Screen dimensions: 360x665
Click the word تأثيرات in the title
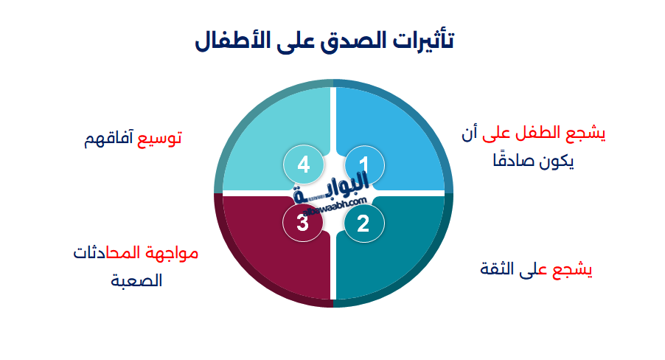[x=423, y=40]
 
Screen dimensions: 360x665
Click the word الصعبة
[x=136, y=281]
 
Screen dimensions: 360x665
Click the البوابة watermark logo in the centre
[x=332, y=193]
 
